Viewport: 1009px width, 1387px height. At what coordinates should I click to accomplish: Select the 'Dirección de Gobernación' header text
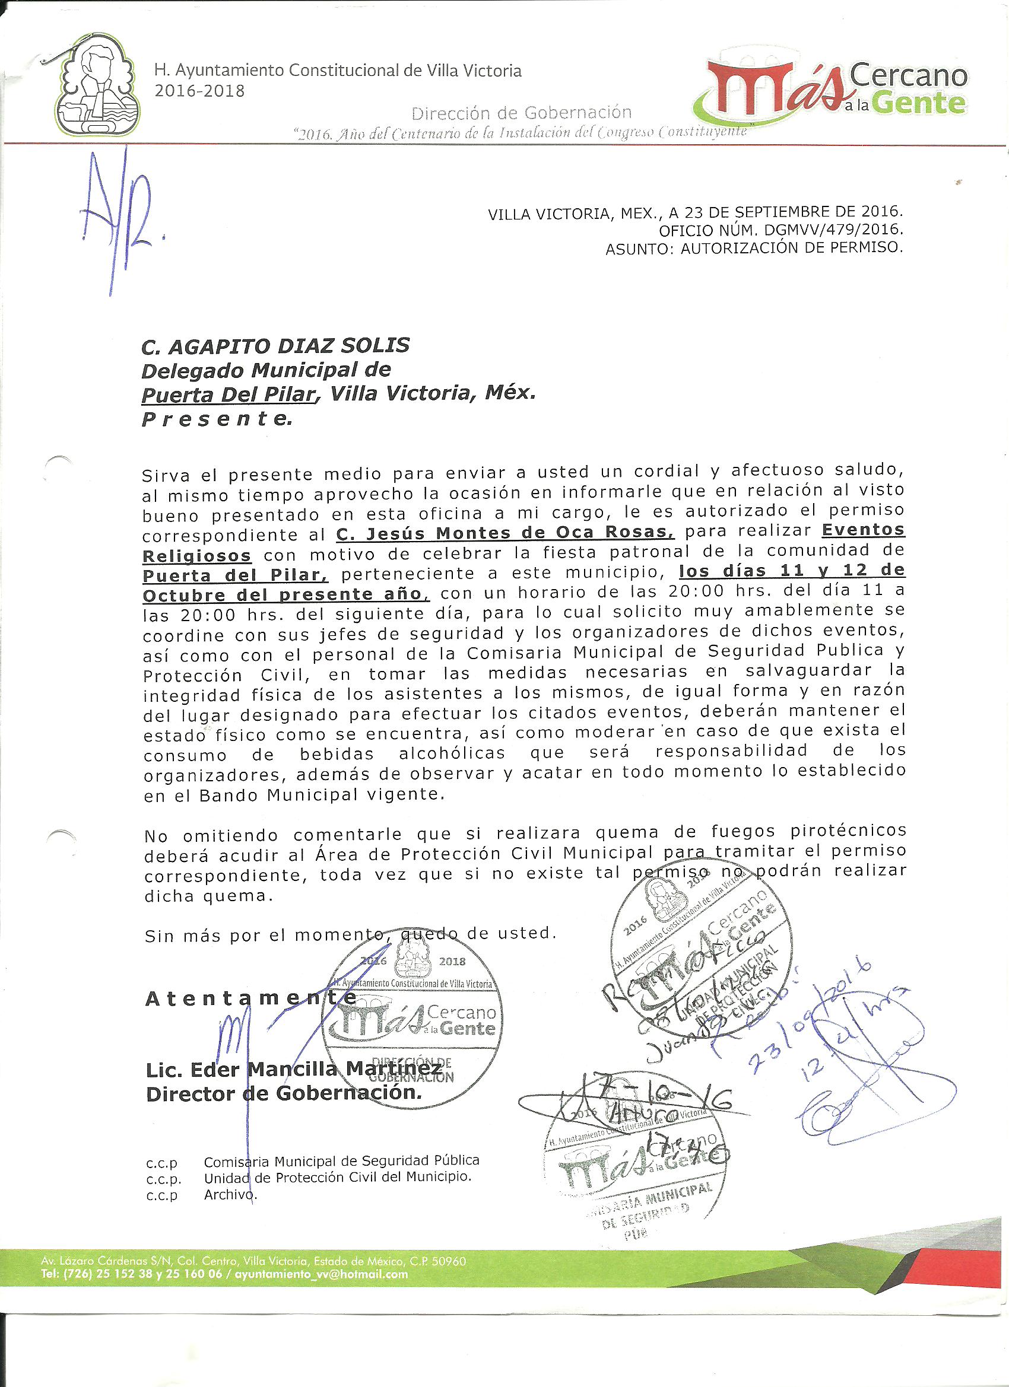click(521, 113)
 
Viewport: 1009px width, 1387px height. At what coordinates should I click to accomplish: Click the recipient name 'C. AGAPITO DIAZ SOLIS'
click(275, 346)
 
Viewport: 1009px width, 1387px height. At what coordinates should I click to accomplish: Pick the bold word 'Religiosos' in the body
click(197, 555)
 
